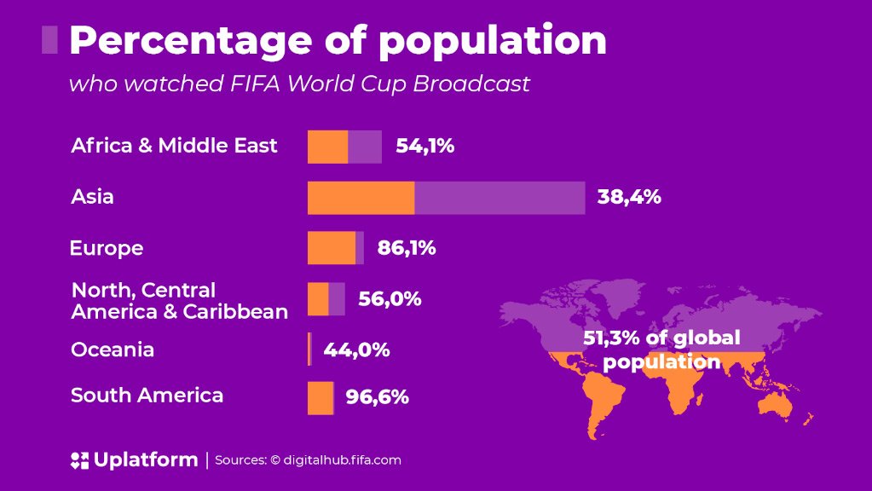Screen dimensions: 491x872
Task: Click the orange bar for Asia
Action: point(361,198)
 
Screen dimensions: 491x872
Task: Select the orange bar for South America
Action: point(321,398)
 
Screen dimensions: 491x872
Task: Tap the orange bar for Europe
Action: point(332,248)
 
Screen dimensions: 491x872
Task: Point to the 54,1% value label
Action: point(424,146)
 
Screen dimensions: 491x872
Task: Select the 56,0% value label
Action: point(390,299)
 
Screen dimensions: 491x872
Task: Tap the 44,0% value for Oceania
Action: point(356,349)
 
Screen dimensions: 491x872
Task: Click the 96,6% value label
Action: point(377,397)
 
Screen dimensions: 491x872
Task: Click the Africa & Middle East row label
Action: point(174,146)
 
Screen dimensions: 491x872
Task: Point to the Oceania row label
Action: point(113,349)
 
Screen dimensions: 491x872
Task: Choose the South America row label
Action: point(147,396)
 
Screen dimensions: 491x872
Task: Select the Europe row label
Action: point(107,249)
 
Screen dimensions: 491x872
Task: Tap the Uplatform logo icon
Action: point(79,461)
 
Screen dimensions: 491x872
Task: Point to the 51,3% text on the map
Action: point(611,338)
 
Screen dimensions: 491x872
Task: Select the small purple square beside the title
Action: point(49,40)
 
